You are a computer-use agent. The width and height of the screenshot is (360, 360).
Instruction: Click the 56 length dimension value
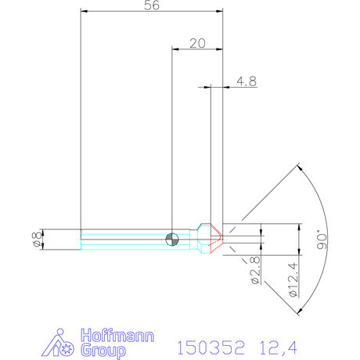(x=152, y=5)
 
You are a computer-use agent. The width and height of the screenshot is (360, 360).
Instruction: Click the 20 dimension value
(x=197, y=44)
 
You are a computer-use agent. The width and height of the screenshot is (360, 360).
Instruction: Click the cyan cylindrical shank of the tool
(x=125, y=238)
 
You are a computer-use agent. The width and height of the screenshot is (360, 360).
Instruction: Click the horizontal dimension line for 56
(x=152, y=12)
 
